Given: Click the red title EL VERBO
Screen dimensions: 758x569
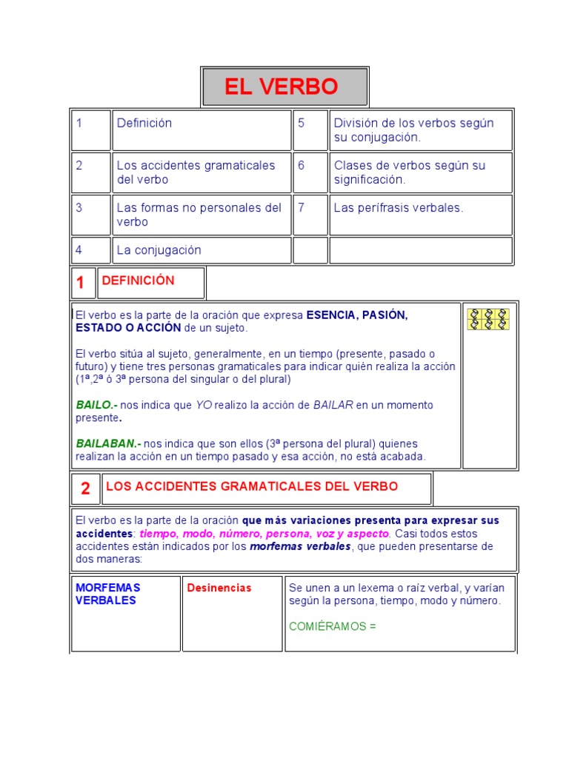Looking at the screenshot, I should pos(282,87).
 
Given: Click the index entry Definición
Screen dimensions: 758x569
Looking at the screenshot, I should pos(144,123).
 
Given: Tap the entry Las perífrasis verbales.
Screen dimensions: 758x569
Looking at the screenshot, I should pos(399,207).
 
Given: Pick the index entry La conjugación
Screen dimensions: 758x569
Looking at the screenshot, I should pos(159,250).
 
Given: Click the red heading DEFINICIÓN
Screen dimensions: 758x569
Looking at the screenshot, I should pos(138,281).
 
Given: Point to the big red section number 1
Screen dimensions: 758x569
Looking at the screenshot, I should pos(81,283).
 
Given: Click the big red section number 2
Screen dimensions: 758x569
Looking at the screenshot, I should pos(85,489).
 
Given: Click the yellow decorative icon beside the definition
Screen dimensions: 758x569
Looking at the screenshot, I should pos(488,319).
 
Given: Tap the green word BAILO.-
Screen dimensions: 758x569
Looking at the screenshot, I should pos(96,405).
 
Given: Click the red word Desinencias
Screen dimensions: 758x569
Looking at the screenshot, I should pos(219,588).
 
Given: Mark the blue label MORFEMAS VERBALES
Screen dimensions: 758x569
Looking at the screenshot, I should pos(107,594).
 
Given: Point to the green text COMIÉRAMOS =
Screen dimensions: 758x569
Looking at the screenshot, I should pos(333,626).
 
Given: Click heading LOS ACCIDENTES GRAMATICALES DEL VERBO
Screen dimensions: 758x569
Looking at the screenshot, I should pos(252,486).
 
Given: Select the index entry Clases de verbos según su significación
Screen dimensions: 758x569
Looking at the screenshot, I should pos(410,172).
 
